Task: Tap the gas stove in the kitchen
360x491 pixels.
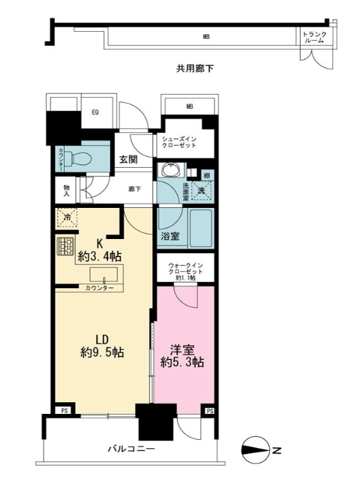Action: pos(65,246)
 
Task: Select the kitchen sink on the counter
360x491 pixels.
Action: pos(104,274)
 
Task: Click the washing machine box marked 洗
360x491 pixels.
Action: pos(201,190)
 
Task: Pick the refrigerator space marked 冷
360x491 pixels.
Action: pos(67,218)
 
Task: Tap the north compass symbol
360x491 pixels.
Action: pos(256,450)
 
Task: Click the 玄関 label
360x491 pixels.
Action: pos(128,159)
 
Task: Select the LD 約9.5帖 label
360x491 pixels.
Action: pos(102,347)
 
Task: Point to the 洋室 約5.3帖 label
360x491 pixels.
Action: pos(182,356)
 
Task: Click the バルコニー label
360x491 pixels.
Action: pos(131,449)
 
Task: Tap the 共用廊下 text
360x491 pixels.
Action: pos(195,69)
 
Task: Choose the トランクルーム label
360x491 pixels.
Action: pos(314,38)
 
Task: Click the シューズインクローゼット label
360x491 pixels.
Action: pos(179,142)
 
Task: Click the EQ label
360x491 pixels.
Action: pos(95,112)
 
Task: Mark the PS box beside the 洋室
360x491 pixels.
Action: pos(210,411)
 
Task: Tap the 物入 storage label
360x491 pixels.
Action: pos(66,190)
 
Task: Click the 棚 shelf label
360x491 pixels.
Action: pos(207,176)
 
